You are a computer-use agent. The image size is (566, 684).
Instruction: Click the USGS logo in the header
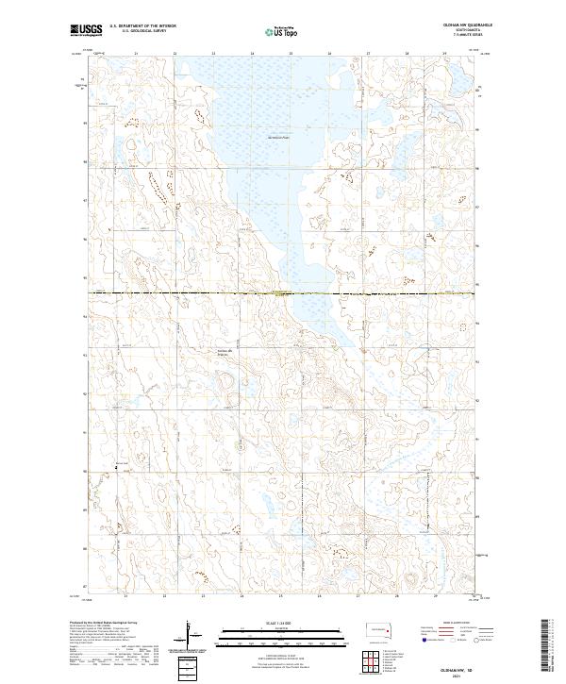click(87, 30)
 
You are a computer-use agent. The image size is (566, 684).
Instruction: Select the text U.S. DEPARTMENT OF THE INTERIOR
click(142, 26)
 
